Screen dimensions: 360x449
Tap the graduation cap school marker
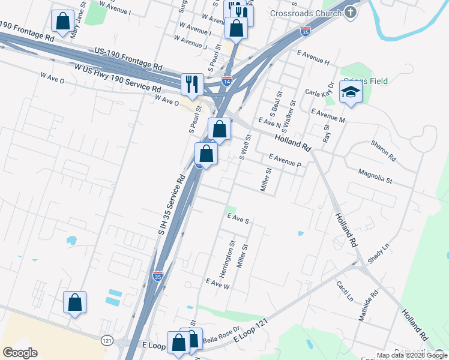351,92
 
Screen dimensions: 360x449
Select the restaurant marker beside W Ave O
192,83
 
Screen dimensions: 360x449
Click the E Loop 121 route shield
107,340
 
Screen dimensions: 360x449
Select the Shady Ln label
378,253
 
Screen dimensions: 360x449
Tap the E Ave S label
237,220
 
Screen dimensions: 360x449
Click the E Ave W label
218,283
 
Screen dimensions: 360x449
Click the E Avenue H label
313,62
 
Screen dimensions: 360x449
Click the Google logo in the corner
20,353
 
